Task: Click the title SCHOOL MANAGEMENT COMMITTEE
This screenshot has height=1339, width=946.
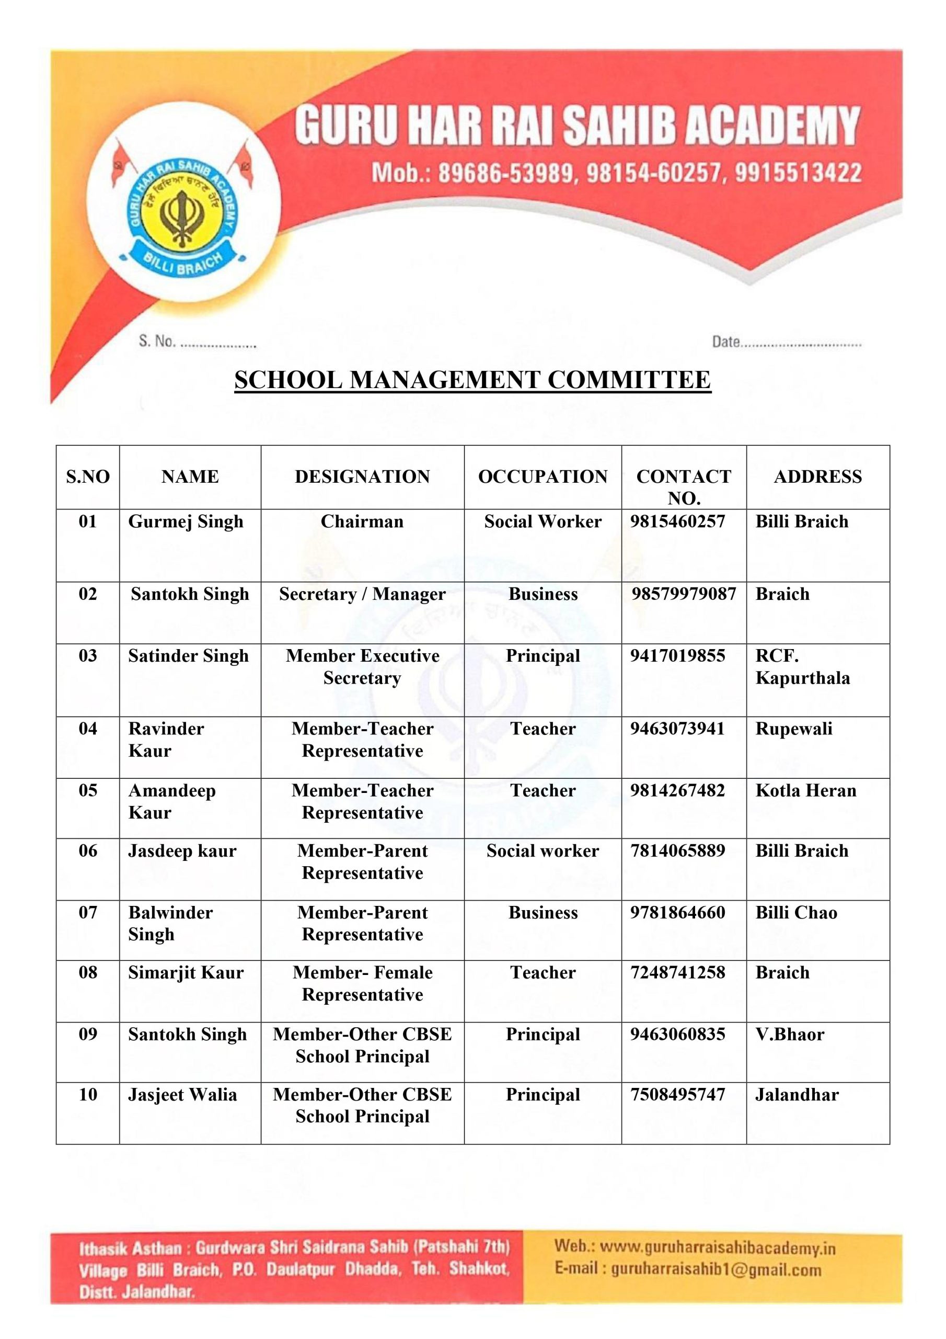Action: (x=472, y=380)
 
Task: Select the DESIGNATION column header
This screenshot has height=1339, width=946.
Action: (x=362, y=476)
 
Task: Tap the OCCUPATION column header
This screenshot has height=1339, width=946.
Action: (x=543, y=476)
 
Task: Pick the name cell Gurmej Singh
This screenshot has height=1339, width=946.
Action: (x=186, y=521)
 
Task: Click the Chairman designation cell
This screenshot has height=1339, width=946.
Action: (x=362, y=521)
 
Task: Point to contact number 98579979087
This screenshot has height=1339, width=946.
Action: (x=684, y=594)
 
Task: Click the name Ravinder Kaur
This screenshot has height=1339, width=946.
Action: (x=166, y=740)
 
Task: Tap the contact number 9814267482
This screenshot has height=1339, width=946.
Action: (x=677, y=790)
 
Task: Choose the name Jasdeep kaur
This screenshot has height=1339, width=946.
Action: (x=182, y=851)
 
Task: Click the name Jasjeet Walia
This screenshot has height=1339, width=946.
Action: (x=182, y=1095)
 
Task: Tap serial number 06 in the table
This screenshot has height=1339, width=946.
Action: (x=88, y=851)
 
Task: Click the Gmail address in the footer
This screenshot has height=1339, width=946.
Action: (x=716, y=1269)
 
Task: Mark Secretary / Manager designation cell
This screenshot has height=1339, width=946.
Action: (x=362, y=594)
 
